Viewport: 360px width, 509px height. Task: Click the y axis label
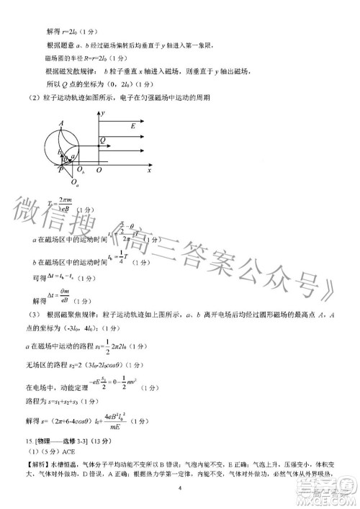click(x=104, y=114)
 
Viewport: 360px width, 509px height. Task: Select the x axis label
click(x=149, y=171)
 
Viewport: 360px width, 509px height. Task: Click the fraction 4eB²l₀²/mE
click(x=126, y=420)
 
